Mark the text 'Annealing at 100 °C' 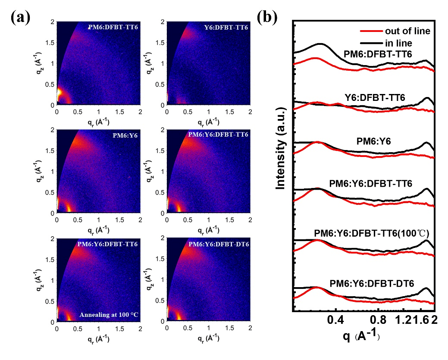[109, 314]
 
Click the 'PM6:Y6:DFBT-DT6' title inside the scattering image [218, 244]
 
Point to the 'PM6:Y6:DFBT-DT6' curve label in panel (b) [371, 283]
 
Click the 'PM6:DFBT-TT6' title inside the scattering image [113, 28]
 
